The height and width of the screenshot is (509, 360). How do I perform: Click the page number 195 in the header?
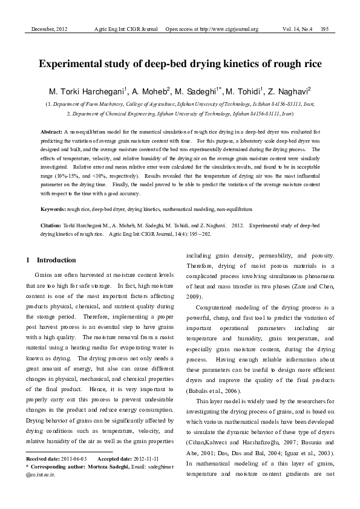point(325,29)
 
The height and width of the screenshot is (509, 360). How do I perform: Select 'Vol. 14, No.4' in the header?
point(296,29)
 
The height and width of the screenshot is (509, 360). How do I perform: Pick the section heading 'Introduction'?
point(56,261)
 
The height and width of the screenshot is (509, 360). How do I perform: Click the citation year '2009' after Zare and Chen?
point(195,297)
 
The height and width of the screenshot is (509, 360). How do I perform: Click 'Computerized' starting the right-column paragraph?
point(216,307)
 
